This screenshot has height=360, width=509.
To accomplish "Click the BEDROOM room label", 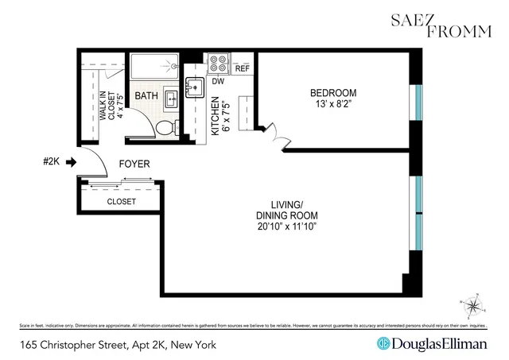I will pyautogui.click(x=333, y=93).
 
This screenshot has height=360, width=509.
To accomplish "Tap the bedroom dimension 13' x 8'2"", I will pyautogui.click(x=333, y=105).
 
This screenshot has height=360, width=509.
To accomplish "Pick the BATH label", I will pyautogui.click(x=146, y=97).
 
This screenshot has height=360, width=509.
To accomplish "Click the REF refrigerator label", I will pyautogui.click(x=242, y=68).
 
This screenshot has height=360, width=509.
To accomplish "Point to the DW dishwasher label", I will pyautogui.click(x=217, y=80).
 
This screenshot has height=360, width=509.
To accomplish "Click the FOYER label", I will pyautogui.click(x=134, y=165).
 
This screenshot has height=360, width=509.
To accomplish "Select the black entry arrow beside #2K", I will pyautogui.click(x=70, y=163).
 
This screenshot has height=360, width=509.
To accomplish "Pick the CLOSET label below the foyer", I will pyautogui.click(x=121, y=202).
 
